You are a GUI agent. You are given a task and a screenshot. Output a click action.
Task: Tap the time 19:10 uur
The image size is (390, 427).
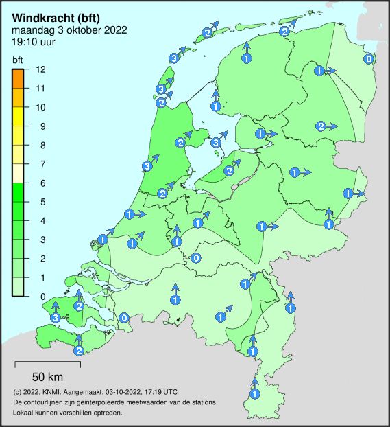34,42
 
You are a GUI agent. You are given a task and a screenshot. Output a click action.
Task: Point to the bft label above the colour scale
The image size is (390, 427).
18,60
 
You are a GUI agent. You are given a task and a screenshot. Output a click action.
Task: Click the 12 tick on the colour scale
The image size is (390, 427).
40,70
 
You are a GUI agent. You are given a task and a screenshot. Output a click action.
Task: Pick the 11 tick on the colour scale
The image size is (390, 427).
40,89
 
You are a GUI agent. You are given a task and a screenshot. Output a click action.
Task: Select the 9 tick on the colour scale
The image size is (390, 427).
40,126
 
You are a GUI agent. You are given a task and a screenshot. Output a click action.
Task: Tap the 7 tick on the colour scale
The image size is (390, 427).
40,164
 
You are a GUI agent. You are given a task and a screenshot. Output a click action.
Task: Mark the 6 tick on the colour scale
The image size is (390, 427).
40,183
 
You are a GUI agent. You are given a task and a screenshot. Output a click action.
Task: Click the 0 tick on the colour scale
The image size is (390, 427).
40,297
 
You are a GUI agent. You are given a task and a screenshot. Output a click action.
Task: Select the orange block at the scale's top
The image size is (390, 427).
19,79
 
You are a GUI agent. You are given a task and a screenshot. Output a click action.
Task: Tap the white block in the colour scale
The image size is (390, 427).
19,173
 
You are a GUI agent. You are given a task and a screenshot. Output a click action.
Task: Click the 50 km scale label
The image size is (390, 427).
48,377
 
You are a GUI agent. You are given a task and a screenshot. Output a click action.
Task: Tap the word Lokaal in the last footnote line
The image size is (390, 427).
24,413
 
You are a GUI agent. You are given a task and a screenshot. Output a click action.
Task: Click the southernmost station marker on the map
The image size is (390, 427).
254,394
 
